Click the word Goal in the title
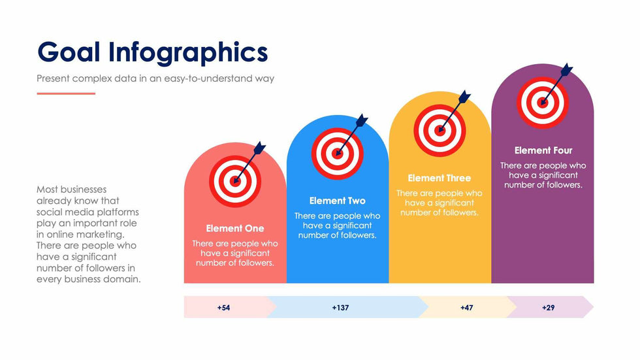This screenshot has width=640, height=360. tap(69, 52)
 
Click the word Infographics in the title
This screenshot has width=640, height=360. tap(188, 54)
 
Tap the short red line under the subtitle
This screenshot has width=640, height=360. tap(66, 93)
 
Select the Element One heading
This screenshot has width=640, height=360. tap(235, 229)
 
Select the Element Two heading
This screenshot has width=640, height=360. tap(337, 201)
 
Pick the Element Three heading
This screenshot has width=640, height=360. tap(439, 178)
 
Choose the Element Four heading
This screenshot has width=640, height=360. tap(543, 151)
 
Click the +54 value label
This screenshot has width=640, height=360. tap(223, 308)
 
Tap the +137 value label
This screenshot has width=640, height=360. tap(340, 308)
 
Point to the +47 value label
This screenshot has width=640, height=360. tap(466, 308)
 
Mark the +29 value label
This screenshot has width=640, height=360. tap(548, 308)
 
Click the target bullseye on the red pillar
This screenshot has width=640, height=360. tap(235, 181)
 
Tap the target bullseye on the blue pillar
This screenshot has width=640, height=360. tap(337, 154)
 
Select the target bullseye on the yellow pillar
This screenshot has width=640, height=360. tap(440, 131)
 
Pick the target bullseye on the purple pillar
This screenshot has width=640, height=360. tap(543, 103)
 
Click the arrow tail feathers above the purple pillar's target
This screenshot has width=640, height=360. tap(567, 70)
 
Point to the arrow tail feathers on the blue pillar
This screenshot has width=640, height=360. tap(362, 121)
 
